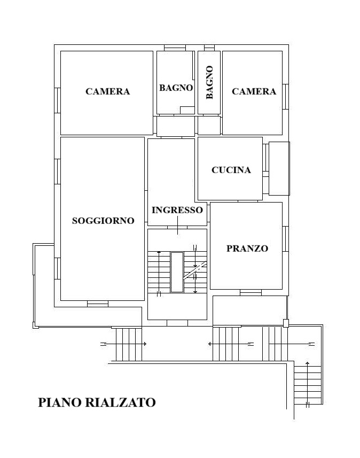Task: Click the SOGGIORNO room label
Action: (x=103, y=221)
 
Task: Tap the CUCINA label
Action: (x=231, y=170)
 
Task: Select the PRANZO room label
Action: (x=247, y=249)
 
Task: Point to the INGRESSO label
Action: (x=177, y=210)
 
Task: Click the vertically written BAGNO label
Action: (x=209, y=82)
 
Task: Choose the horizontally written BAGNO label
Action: (x=176, y=88)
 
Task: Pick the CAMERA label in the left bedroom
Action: (x=108, y=91)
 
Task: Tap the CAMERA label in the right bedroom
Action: (x=254, y=91)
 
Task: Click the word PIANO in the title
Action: (x=60, y=402)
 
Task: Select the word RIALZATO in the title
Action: (x=121, y=402)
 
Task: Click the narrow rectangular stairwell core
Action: (x=177, y=272)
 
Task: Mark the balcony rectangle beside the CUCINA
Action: (x=279, y=168)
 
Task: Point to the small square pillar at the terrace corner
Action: (x=286, y=323)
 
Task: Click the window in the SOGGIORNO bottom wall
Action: (x=98, y=304)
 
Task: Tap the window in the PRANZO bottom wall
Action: (x=251, y=292)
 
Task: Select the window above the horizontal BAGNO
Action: (x=175, y=48)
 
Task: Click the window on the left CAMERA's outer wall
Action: (x=58, y=100)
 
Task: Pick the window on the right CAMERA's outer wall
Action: (x=286, y=97)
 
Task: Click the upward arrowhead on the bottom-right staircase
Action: (x=307, y=363)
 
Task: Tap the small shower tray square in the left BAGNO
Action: (x=187, y=110)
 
